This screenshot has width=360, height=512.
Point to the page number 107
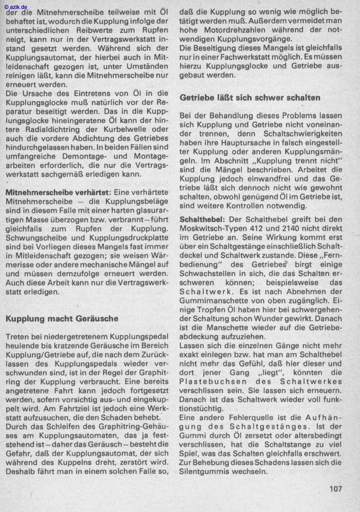[x=336, y=489]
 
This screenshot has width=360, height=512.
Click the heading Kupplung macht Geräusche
[x=62, y=318]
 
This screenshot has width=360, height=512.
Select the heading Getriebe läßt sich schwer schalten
[x=250, y=97]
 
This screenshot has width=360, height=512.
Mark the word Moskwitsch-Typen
[x=213, y=228]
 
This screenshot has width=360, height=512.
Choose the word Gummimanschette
[x=212, y=300]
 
